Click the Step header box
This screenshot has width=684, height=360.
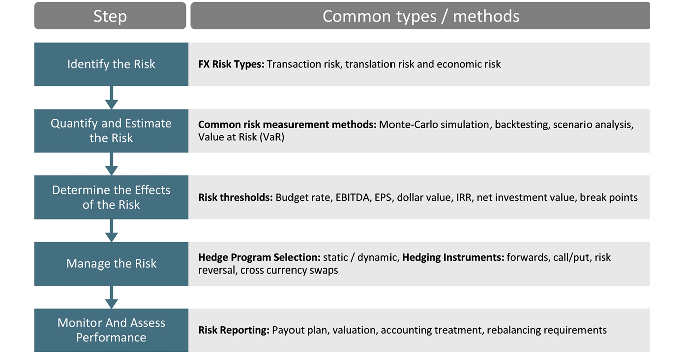(110, 16)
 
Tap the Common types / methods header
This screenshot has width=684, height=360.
(421, 16)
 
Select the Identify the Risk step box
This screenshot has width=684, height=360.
(111, 64)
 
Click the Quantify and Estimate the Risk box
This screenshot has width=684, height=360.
(111, 131)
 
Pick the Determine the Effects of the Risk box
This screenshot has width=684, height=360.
(111, 197)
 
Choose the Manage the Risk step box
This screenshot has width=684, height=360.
(111, 264)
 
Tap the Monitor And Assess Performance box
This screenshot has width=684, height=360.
(111, 330)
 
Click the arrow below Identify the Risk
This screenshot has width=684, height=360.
(111, 98)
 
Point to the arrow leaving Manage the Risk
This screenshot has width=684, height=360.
(111, 297)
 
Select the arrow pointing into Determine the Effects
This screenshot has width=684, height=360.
(111, 164)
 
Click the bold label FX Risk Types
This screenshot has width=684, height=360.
(231, 64)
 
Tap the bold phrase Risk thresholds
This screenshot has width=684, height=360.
(235, 198)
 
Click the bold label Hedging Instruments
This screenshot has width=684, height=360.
(453, 257)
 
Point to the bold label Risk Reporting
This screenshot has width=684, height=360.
(234, 330)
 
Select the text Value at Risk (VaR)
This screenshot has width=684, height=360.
(241, 137)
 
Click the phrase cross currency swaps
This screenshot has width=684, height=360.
(289, 271)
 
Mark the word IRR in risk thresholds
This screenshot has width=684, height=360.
(464, 198)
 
